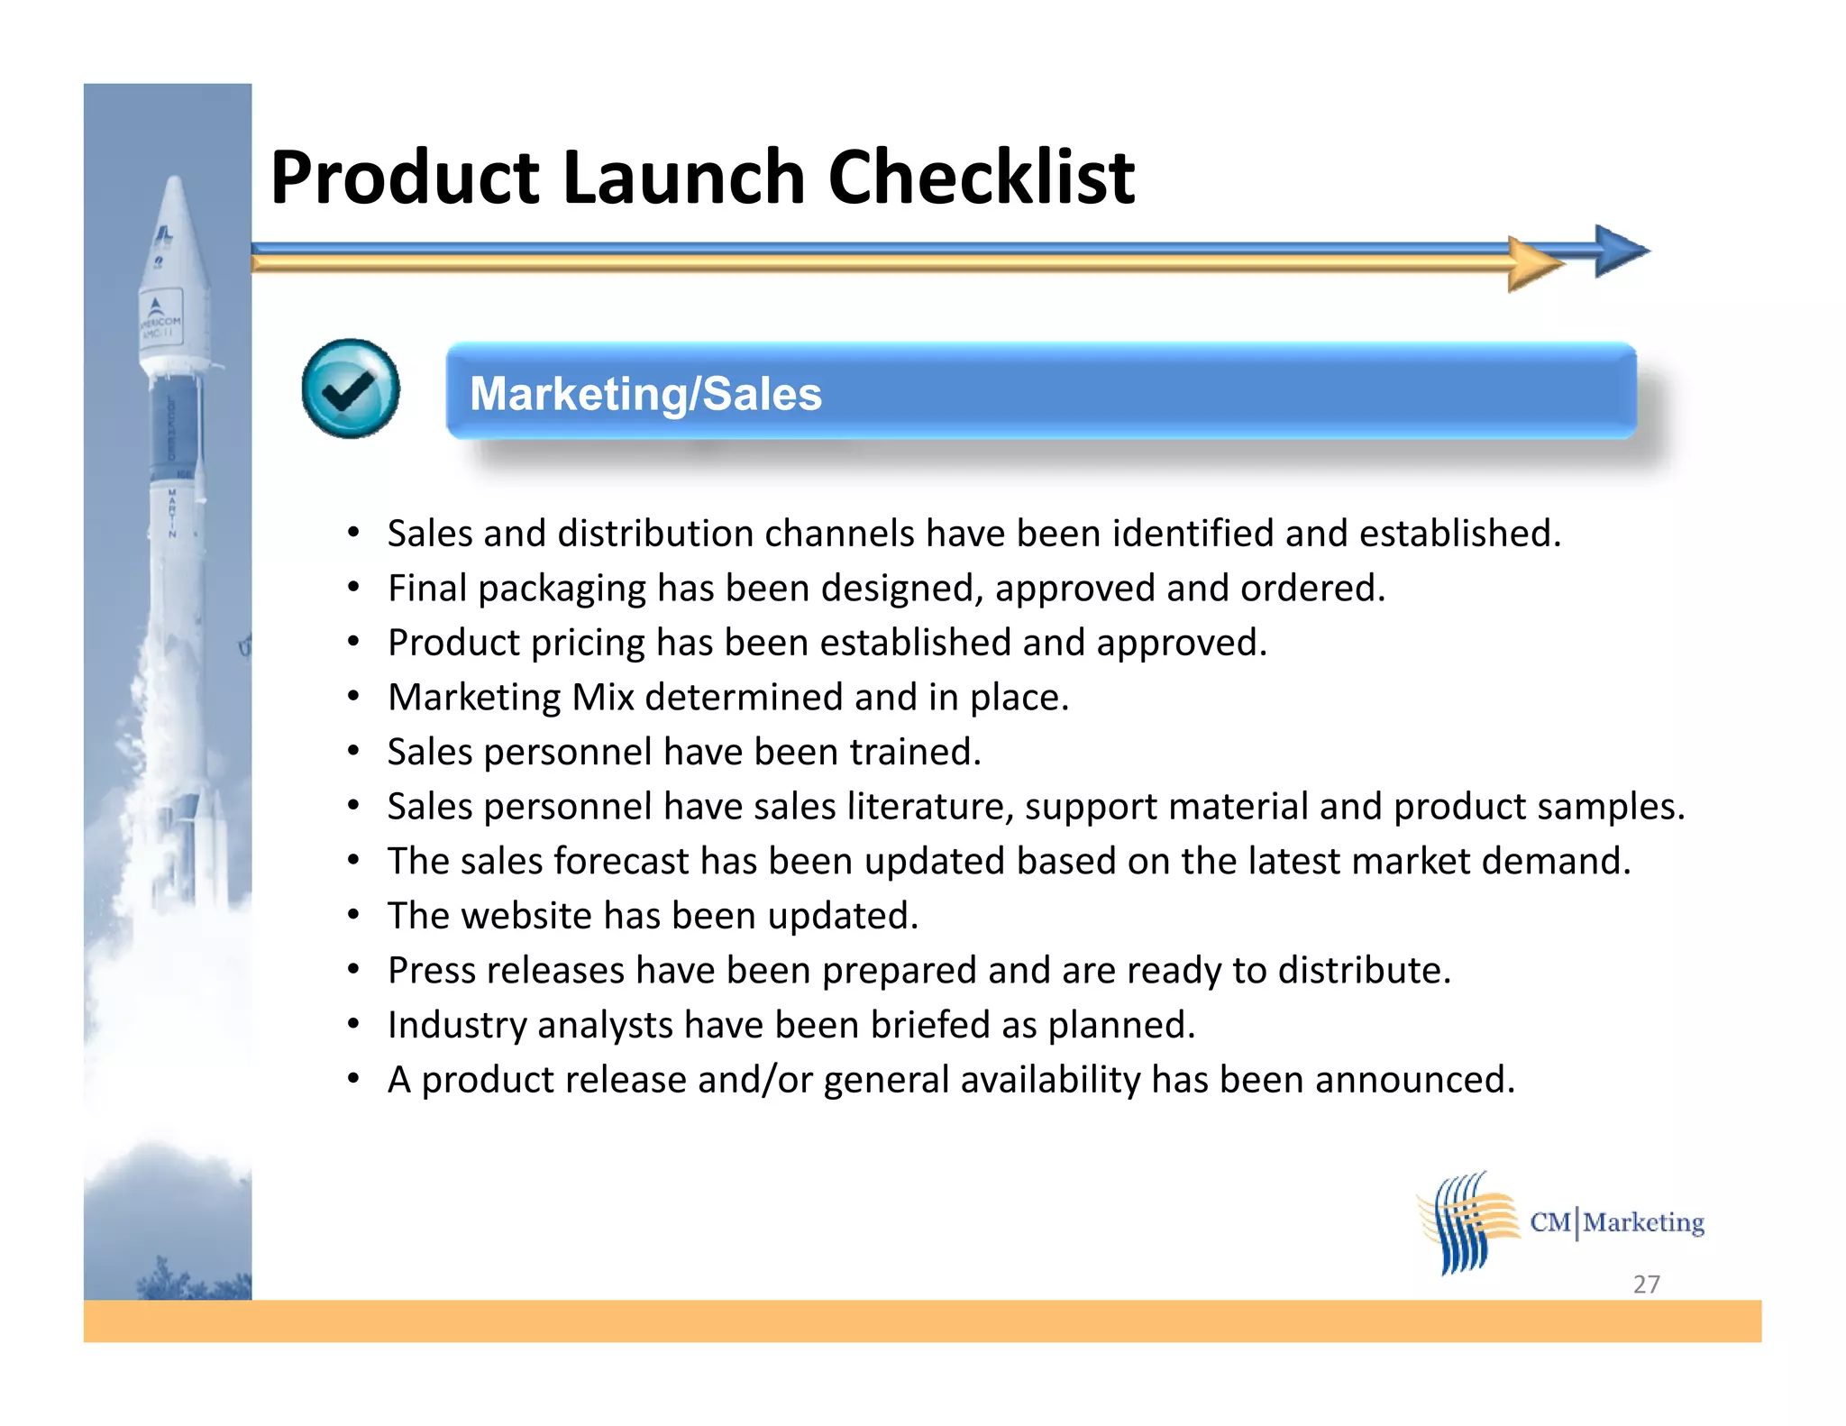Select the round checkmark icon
tap(351, 388)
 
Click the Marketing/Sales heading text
tap(645, 394)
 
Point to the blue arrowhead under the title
tap(1620, 251)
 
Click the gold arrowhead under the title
tap(1534, 264)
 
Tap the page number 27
tap(1646, 1284)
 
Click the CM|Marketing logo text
tap(1617, 1222)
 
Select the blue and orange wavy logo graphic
tap(1467, 1222)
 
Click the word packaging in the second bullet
tap(562, 590)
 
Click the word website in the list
tap(525, 916)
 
